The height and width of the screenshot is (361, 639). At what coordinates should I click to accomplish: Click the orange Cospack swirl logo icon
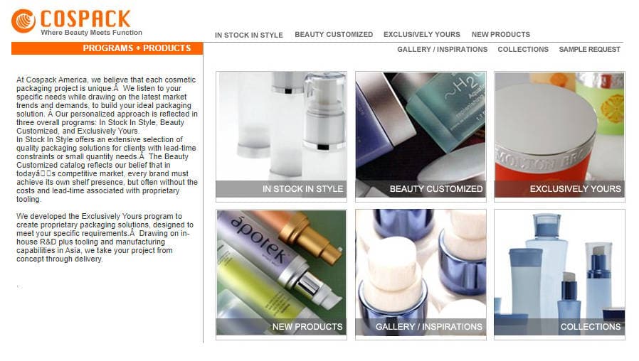coord(23,21)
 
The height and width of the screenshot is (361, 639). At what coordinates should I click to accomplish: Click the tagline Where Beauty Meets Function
coord(91,33)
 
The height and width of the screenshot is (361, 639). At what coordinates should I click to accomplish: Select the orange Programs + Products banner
coord(107,48)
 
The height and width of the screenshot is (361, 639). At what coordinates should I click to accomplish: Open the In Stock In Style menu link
coord(248,35)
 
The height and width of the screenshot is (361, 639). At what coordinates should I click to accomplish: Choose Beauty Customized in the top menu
coord(334,35)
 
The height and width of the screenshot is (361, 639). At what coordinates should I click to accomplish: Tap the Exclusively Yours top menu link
coord(422,35)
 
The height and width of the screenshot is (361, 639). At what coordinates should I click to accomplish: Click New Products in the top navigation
coord(501,35)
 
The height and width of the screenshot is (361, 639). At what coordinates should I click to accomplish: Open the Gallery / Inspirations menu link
coord(442,49)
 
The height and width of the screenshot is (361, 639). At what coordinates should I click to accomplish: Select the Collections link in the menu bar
coord(523,49)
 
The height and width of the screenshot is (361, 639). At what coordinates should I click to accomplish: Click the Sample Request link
coord(589,49)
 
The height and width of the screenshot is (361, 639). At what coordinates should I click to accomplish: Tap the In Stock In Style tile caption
coord(303,189)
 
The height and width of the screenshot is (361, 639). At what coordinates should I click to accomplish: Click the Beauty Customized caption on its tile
coord(436,189)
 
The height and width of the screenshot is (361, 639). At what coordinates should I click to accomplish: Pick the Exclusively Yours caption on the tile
coord(576,189)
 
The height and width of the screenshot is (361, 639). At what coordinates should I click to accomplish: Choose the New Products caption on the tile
coord(307,327)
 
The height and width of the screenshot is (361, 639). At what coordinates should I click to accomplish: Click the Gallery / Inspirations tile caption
coord(428,327)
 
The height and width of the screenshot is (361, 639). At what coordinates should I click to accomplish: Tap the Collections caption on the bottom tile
coord(591,327)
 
